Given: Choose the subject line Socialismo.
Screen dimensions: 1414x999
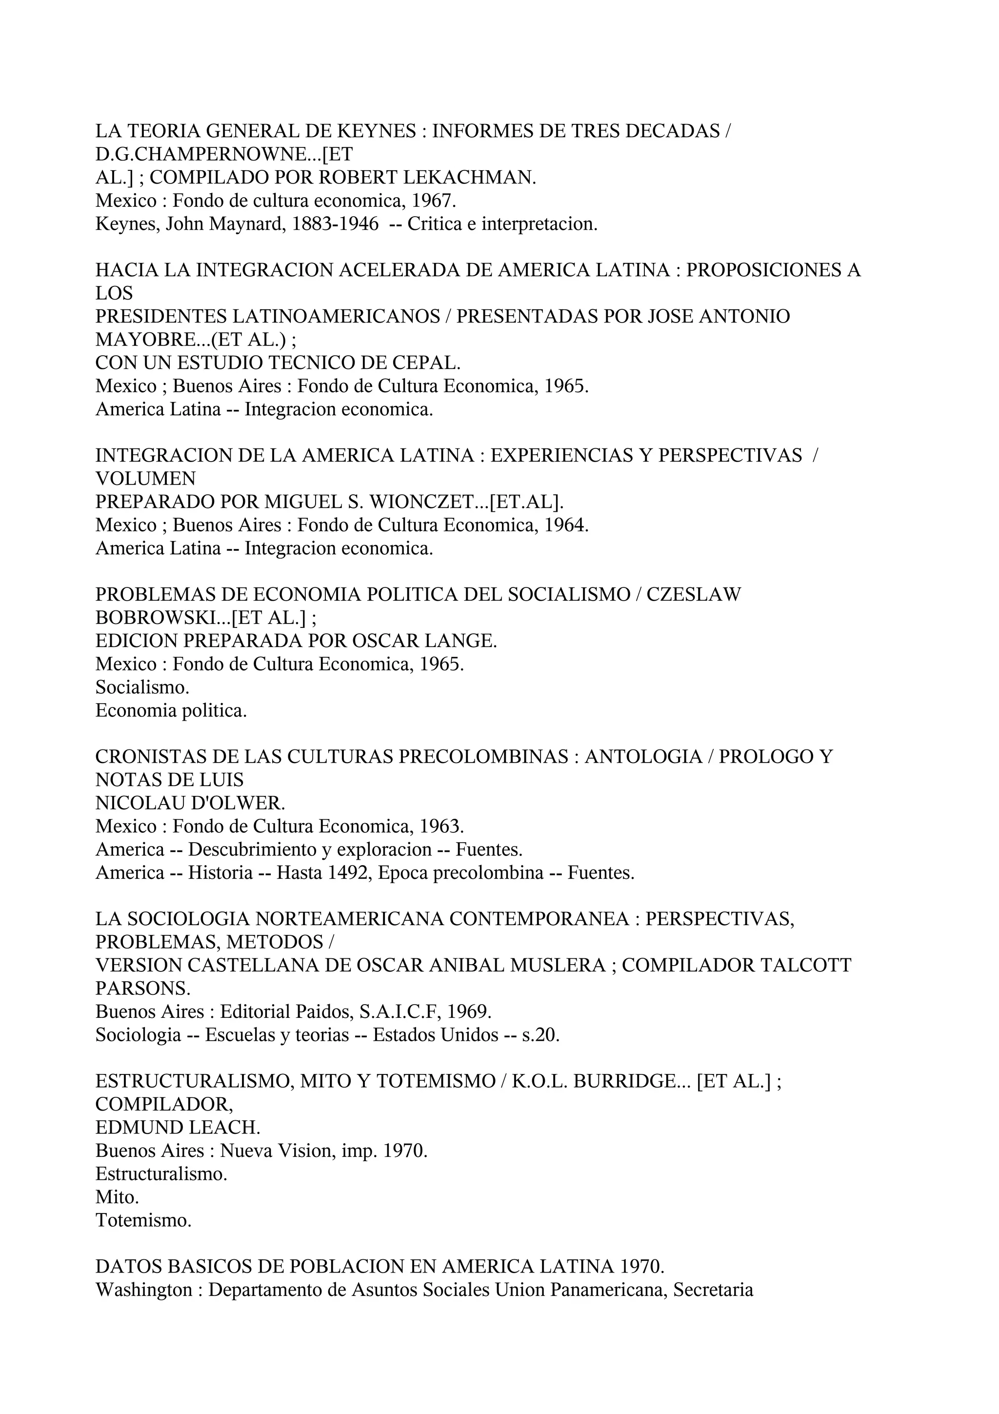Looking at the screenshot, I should click(142, 687).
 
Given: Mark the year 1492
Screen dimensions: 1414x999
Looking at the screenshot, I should click(346, 873).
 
